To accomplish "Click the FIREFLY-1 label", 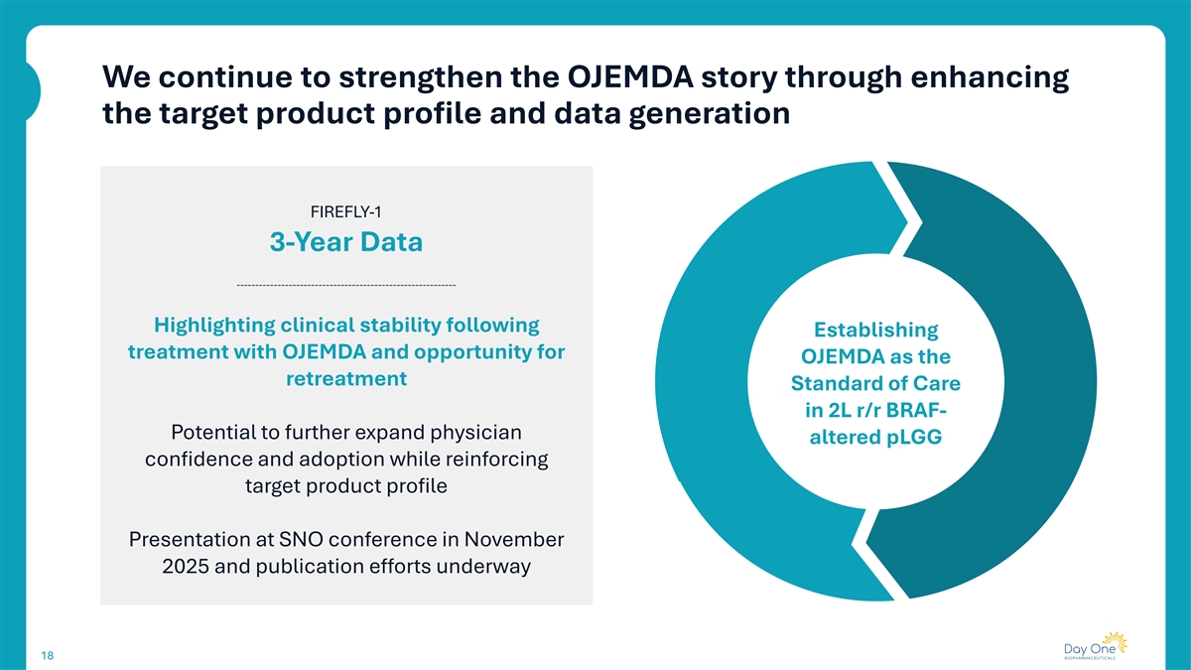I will click(x=346, y=209).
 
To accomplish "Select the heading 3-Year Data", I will click(x=346, y=242).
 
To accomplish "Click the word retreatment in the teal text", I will click(x=346, y=379).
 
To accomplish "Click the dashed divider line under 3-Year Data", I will click(x=346, y=286).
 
